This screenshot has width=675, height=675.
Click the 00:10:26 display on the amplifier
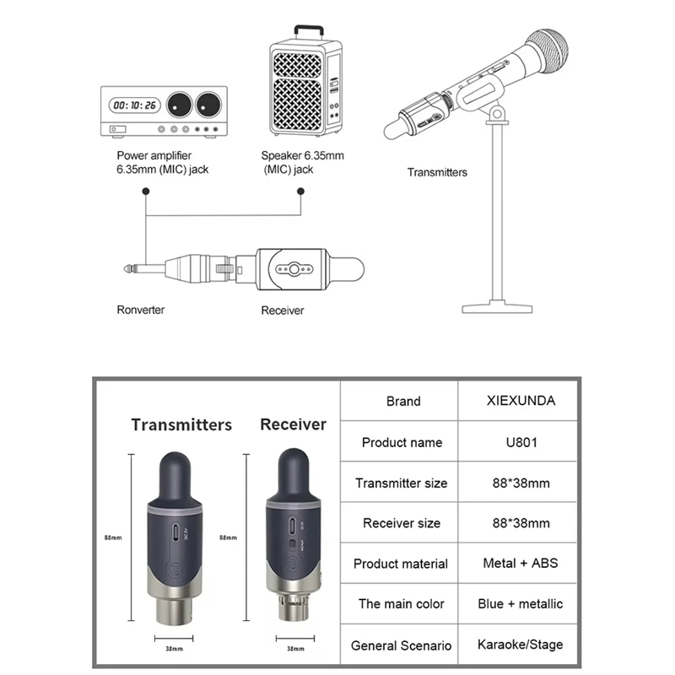tap(135, 105)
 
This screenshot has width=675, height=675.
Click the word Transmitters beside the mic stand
tap(437, 172)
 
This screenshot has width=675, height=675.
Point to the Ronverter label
tap(141, 310)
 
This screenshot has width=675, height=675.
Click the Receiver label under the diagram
tap(282, 310)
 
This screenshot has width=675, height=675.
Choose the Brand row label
tap(402, 402)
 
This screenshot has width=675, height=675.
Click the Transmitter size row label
tap(402, 483)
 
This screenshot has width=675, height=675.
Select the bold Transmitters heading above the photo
tap(181, 424)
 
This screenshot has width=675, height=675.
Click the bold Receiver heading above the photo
tap(293, 424)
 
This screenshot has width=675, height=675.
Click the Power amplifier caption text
tap(154, 155)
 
